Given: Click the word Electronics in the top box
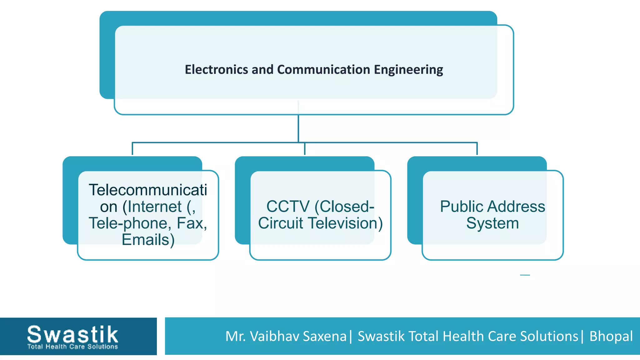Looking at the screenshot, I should (x=217, y=69).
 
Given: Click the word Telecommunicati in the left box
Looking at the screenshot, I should (x=148, y=190).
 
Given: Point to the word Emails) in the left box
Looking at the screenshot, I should (x=148, y=240).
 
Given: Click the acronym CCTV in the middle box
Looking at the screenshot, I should (x=288, y=207).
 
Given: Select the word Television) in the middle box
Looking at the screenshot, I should (x=345, y=223).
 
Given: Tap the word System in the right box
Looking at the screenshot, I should (x=492, y=223).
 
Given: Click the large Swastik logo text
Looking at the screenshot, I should (x=72, y=334).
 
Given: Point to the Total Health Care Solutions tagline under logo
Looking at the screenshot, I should (x=72, y=347).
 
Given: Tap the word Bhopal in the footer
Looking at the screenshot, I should (x=611, y=336).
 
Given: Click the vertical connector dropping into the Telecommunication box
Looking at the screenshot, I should (x=132, y=149).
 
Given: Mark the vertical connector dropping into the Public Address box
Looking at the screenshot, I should (x=477, y=149).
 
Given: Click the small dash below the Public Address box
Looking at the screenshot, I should (x=525, y=275).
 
